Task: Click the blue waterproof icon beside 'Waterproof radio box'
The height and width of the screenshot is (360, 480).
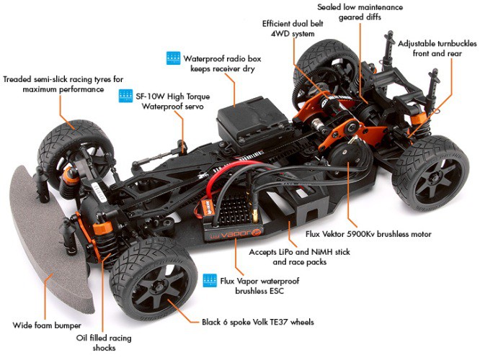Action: [173, 58]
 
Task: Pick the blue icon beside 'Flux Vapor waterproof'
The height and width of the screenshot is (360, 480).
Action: [210, 279]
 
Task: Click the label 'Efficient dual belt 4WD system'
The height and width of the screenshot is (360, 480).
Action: [293, 27]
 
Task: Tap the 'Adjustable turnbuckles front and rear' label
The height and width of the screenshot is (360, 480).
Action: [436, 49]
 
